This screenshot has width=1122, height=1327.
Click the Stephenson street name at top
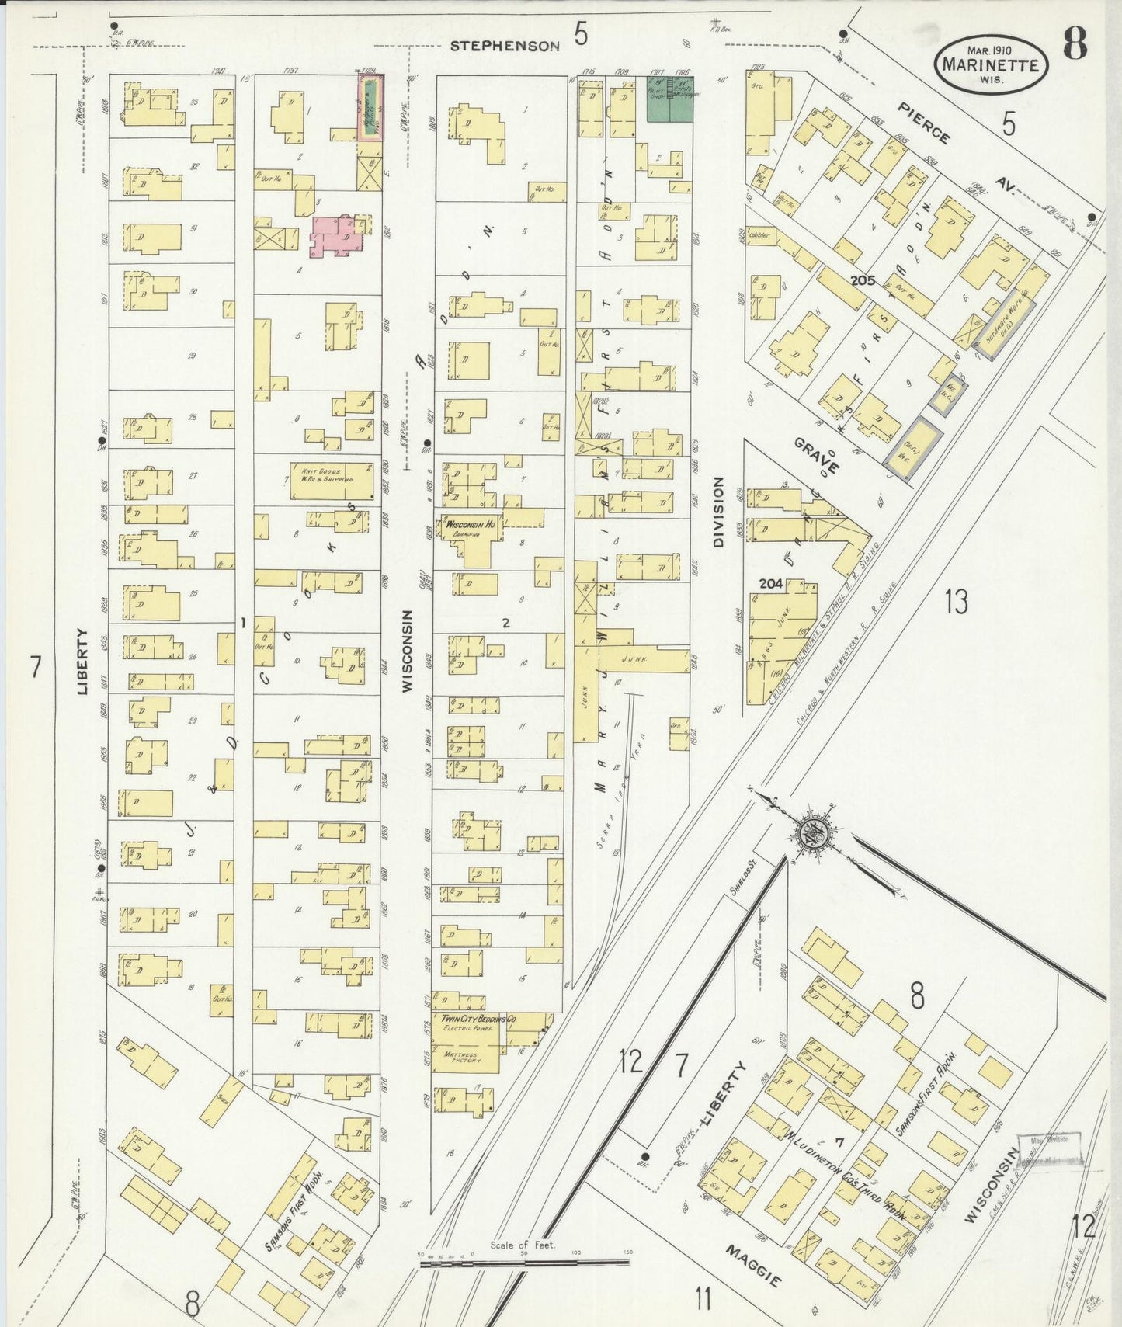tap(505, 46)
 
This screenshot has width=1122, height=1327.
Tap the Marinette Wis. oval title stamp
tap(991, 65)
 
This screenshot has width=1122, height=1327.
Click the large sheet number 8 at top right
tap(1075, 43)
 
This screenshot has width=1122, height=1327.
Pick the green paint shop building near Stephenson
tap(669, 99)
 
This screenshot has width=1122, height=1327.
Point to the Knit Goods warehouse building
tap(332, 481)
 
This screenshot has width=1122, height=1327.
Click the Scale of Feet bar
tap(524, 1263)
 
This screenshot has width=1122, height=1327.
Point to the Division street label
tap(717, 512)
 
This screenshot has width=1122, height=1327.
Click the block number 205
tap(862, 280)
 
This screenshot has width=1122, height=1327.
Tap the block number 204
tap(770, 583)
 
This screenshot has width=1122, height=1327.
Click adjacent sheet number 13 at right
tap(956, 602)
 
